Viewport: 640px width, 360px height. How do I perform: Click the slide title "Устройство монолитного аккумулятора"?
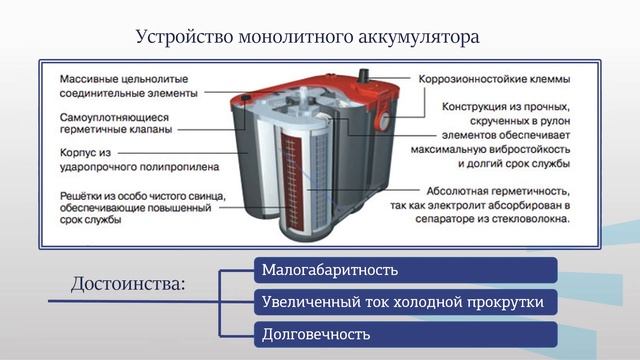pos(308,37)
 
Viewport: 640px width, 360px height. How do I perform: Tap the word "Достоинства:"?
pos(128,285)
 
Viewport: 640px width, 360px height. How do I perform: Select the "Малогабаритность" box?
pos(404,270)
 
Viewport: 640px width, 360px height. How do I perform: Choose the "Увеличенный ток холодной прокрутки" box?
pos(404,301)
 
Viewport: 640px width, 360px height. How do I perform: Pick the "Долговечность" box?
pos(404,332)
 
